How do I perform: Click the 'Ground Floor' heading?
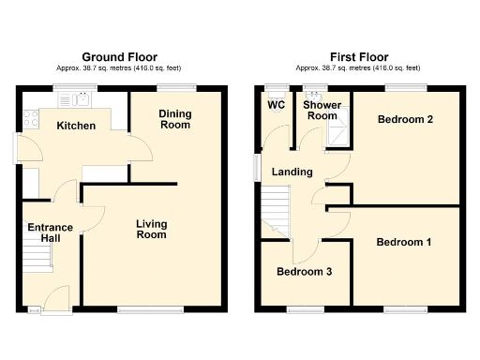click(120, 56)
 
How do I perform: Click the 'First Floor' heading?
click(359, 56)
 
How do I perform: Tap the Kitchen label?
click(76, 126)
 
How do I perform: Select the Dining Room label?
click(174, 119)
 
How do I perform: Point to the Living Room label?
click(151, 229)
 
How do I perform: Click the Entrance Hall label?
click(44, 232)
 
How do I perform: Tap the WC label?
click(276, 105)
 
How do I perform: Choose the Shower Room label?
click(322, 111)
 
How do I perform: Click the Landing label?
click(292, 172)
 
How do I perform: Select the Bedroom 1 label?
click(404, 243)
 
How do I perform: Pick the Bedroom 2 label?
click(404, 120)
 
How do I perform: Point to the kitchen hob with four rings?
click(29, 119)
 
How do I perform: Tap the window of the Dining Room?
click(174, 87)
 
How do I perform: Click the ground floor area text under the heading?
click(120, 68)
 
